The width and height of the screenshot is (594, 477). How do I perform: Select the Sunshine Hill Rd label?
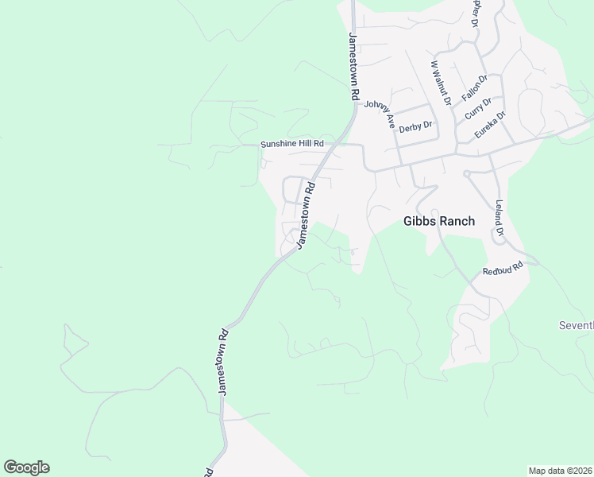(x=293, y=144)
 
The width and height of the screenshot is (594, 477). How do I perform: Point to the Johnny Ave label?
(x=380, y=111)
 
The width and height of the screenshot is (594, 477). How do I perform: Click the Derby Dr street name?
(x=415, y=126)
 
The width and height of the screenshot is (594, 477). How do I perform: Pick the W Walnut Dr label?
(x=441, y=83)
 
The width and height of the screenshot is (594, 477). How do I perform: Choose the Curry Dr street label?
(x=478, y=108)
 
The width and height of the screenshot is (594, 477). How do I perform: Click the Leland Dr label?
(x=499, y=219)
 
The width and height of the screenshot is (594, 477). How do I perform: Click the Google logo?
(x=26, y=467)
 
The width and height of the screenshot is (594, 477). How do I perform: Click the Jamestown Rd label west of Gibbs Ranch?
(x=306, y=215)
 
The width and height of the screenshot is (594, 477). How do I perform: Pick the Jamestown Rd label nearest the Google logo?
(x=223, y=362)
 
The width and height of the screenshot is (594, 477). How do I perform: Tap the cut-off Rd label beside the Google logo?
(x=209, y=471)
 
